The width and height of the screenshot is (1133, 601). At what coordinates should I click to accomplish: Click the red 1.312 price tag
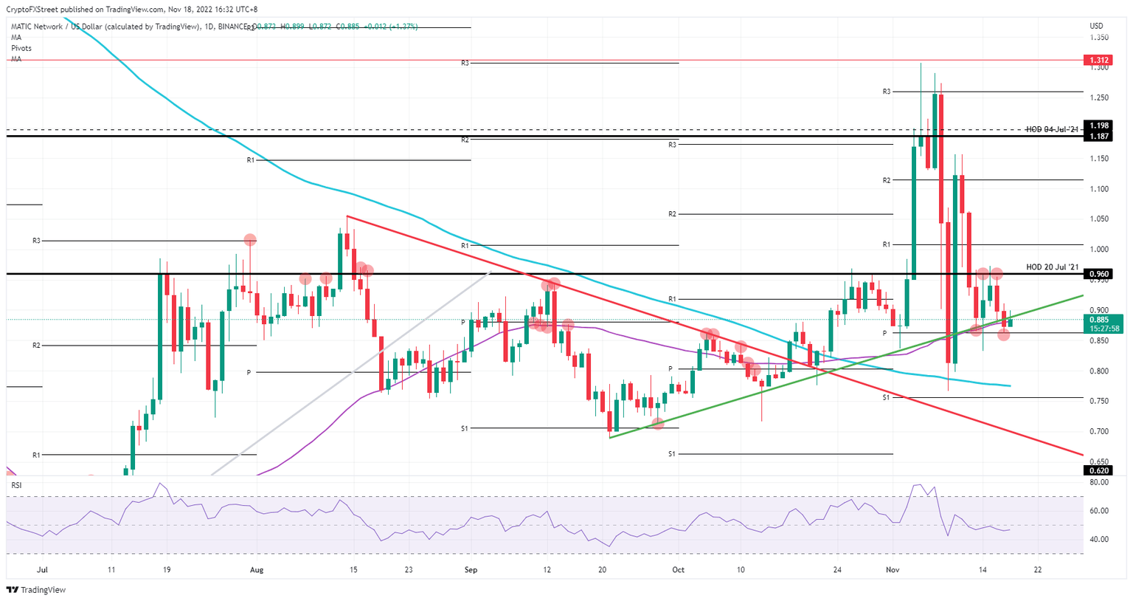(x=1098, y=60)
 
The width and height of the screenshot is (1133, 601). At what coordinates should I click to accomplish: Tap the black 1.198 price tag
(x=1098, y=126)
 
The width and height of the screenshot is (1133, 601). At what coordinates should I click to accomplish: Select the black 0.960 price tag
(x=1098, y=274)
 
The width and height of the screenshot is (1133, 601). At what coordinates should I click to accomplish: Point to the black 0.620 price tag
(x=1098, y=470)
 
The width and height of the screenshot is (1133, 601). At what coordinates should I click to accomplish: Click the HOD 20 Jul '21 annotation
(x=1052, y=267)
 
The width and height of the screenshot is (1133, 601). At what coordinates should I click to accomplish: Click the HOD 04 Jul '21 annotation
(x=1052, y=130)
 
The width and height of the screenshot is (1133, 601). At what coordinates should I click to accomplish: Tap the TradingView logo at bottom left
(x=36, y=590)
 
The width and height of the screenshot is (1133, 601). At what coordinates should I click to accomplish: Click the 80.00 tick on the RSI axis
(x=1099, y=482)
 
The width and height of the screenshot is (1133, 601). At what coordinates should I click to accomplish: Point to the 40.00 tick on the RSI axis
(x=1099, y=540)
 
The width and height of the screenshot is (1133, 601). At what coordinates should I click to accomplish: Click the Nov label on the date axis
(x=893, y=570)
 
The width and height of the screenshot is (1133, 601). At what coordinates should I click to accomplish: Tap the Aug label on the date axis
(x=257, y=570)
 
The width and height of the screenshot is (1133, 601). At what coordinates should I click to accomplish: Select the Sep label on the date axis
(x=471, y=570)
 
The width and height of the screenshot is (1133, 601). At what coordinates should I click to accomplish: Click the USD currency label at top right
(x=1096, y=27)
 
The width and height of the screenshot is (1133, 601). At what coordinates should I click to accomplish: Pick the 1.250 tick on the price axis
(x=1099, y=98)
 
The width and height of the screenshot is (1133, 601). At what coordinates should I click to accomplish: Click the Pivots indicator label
(x=21, y=48)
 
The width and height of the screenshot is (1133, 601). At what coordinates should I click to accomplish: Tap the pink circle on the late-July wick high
(x=250, y=240)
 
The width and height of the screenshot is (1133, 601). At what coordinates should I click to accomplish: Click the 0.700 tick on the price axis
(x=1099, y=431)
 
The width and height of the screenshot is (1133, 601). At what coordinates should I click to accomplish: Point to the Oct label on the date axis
(x=678, y=570)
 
